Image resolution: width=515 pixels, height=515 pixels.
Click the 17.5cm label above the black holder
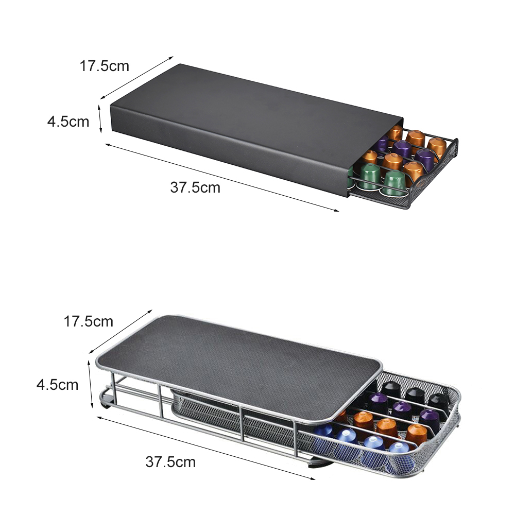105,66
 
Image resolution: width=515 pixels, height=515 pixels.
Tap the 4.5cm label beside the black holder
68,122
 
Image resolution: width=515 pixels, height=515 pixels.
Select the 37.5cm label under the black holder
195,187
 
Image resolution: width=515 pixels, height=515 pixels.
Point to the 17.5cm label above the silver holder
89,321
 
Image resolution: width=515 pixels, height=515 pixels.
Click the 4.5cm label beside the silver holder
58,385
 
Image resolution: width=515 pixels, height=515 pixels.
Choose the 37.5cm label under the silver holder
170,462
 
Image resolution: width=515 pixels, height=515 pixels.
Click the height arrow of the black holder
100,119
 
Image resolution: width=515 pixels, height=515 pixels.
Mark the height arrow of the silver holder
90,384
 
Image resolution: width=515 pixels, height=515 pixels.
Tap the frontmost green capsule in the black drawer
392,183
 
